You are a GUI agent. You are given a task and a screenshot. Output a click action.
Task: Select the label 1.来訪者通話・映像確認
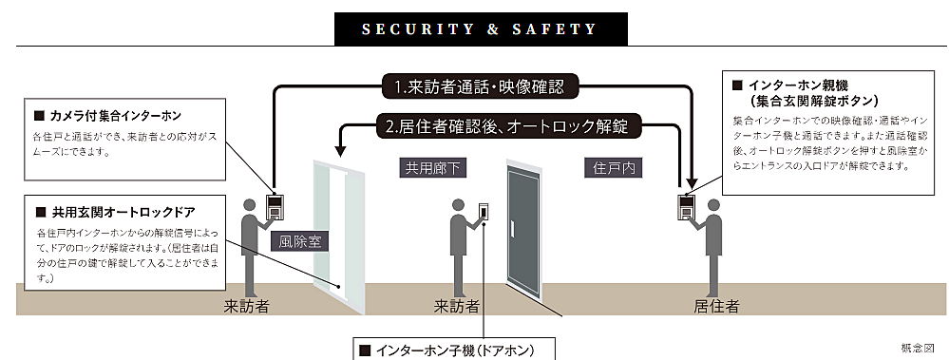pos(479,87)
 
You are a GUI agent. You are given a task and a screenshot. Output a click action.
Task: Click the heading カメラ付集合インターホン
pos(113,117)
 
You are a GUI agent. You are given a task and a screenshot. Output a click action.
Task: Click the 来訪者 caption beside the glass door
pos(247,306)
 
